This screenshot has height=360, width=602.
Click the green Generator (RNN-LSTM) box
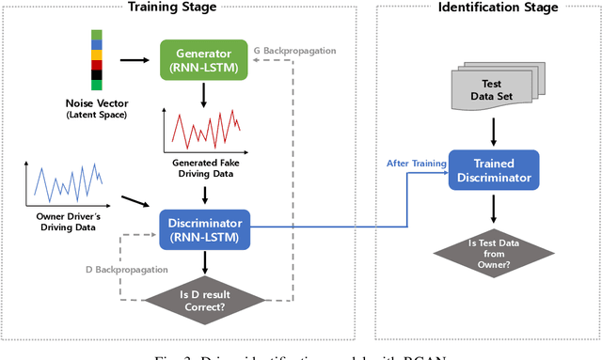pos(204,59)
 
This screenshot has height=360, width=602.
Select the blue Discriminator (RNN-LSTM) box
pos(204,229)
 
